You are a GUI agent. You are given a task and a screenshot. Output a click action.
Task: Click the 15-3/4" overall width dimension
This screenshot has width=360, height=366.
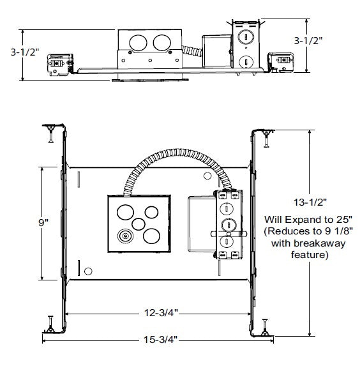coord(160,340)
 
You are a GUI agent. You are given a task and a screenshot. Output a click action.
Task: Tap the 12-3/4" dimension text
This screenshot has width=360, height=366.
coord(161,313)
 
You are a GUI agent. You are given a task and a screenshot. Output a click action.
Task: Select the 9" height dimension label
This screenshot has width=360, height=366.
coord(43,223)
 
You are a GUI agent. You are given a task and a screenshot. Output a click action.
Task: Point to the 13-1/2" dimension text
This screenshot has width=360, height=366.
coord(310,202)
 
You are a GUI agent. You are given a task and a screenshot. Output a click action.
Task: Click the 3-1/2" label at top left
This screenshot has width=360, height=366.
coord(25,52)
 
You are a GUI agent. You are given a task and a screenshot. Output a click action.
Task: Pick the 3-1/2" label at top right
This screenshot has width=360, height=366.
coord(308,41)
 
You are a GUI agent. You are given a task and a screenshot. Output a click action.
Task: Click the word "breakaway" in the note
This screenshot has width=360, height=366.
coord(319,243)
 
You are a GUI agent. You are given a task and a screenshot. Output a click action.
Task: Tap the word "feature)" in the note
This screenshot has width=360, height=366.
coord(310,255)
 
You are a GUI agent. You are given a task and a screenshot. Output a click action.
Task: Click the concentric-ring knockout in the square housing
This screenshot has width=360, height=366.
coord(125,236)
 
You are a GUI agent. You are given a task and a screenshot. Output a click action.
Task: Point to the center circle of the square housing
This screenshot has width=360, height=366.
coord(139,224)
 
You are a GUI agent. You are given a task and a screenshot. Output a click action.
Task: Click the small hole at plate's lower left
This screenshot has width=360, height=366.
coord(88,271)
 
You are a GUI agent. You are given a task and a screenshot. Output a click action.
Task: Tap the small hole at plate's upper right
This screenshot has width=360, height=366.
coord(207,176)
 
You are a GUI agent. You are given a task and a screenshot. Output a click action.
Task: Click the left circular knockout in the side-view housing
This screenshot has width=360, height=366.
coord(138,43)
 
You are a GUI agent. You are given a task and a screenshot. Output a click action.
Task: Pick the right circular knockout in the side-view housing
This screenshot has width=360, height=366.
coord(162,43)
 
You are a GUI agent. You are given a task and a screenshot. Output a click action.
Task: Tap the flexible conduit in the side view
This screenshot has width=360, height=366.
coord(192,51)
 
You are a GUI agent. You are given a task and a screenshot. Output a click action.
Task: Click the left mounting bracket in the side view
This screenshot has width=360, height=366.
coord(60,65)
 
